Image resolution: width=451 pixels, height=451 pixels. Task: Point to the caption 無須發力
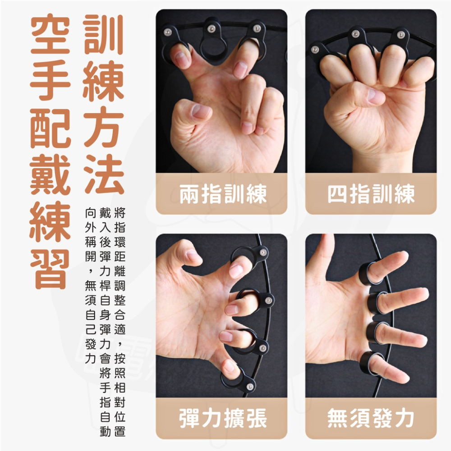371,419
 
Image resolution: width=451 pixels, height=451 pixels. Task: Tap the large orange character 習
50,266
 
